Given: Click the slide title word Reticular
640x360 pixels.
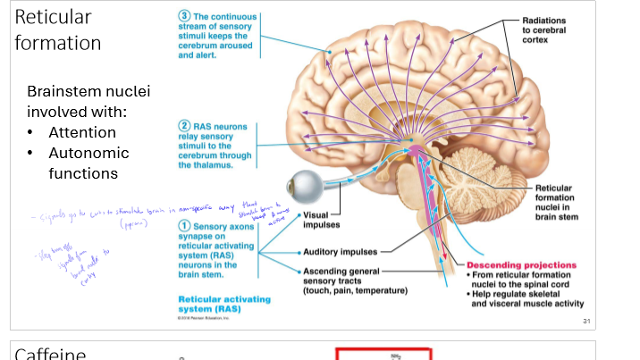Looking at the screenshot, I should tap(53, 17).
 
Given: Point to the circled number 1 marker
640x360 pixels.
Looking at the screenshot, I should tap(185, 227).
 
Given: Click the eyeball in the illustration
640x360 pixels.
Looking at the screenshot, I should tap(305, 188).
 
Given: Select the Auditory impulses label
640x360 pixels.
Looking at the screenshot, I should tap(340, 252).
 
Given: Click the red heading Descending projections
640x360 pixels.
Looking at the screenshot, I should tap(521, 265).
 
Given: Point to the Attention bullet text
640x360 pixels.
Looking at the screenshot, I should tap(82, 132).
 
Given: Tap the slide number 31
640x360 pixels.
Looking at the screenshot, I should tap(586, 321).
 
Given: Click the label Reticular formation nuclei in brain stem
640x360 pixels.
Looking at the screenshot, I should tap(559, 202).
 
